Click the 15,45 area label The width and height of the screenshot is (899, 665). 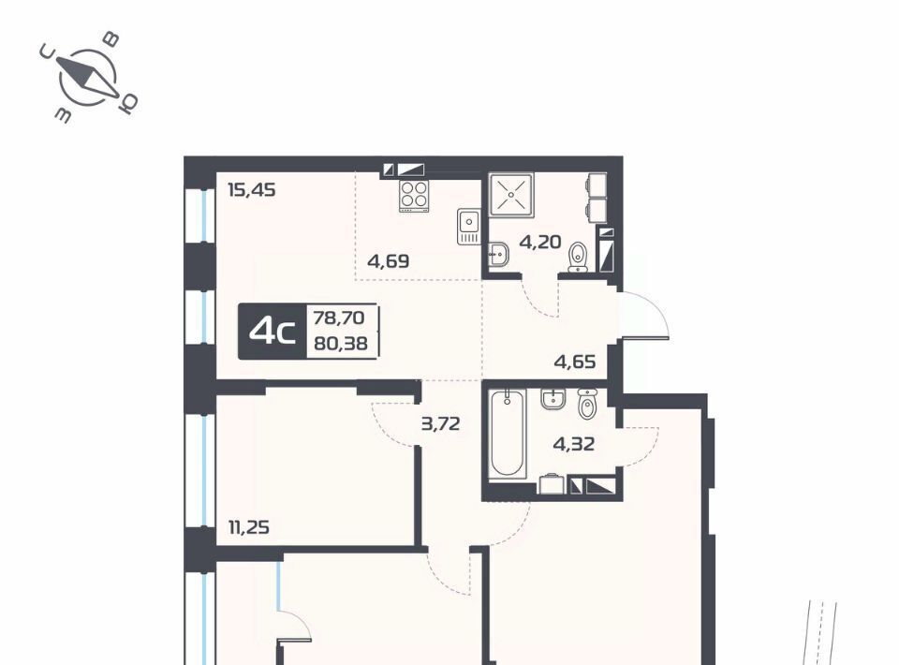point(252,189)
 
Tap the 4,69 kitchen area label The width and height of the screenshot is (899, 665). point(388,261)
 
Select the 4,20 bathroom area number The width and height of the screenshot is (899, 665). point(540,242)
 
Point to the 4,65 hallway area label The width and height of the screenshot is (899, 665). point(574,362)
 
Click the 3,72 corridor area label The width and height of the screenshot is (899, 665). point(440,424)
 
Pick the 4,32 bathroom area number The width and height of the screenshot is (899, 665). point(573,444)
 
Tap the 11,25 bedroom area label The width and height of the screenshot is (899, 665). point(249,526)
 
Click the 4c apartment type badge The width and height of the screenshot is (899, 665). point(273,332)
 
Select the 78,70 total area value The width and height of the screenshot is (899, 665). point(339,317)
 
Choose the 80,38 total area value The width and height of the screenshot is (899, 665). point(341,344)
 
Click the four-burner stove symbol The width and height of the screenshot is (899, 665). point(414,196)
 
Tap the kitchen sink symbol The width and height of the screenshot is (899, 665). point(468,226)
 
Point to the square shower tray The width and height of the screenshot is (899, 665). point(511,194)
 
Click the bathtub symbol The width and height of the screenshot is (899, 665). point(508,434)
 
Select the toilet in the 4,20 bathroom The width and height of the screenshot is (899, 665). point(578,258)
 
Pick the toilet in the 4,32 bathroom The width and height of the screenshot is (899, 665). point(588,404)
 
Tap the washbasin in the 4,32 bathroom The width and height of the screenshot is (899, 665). point(553,399)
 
